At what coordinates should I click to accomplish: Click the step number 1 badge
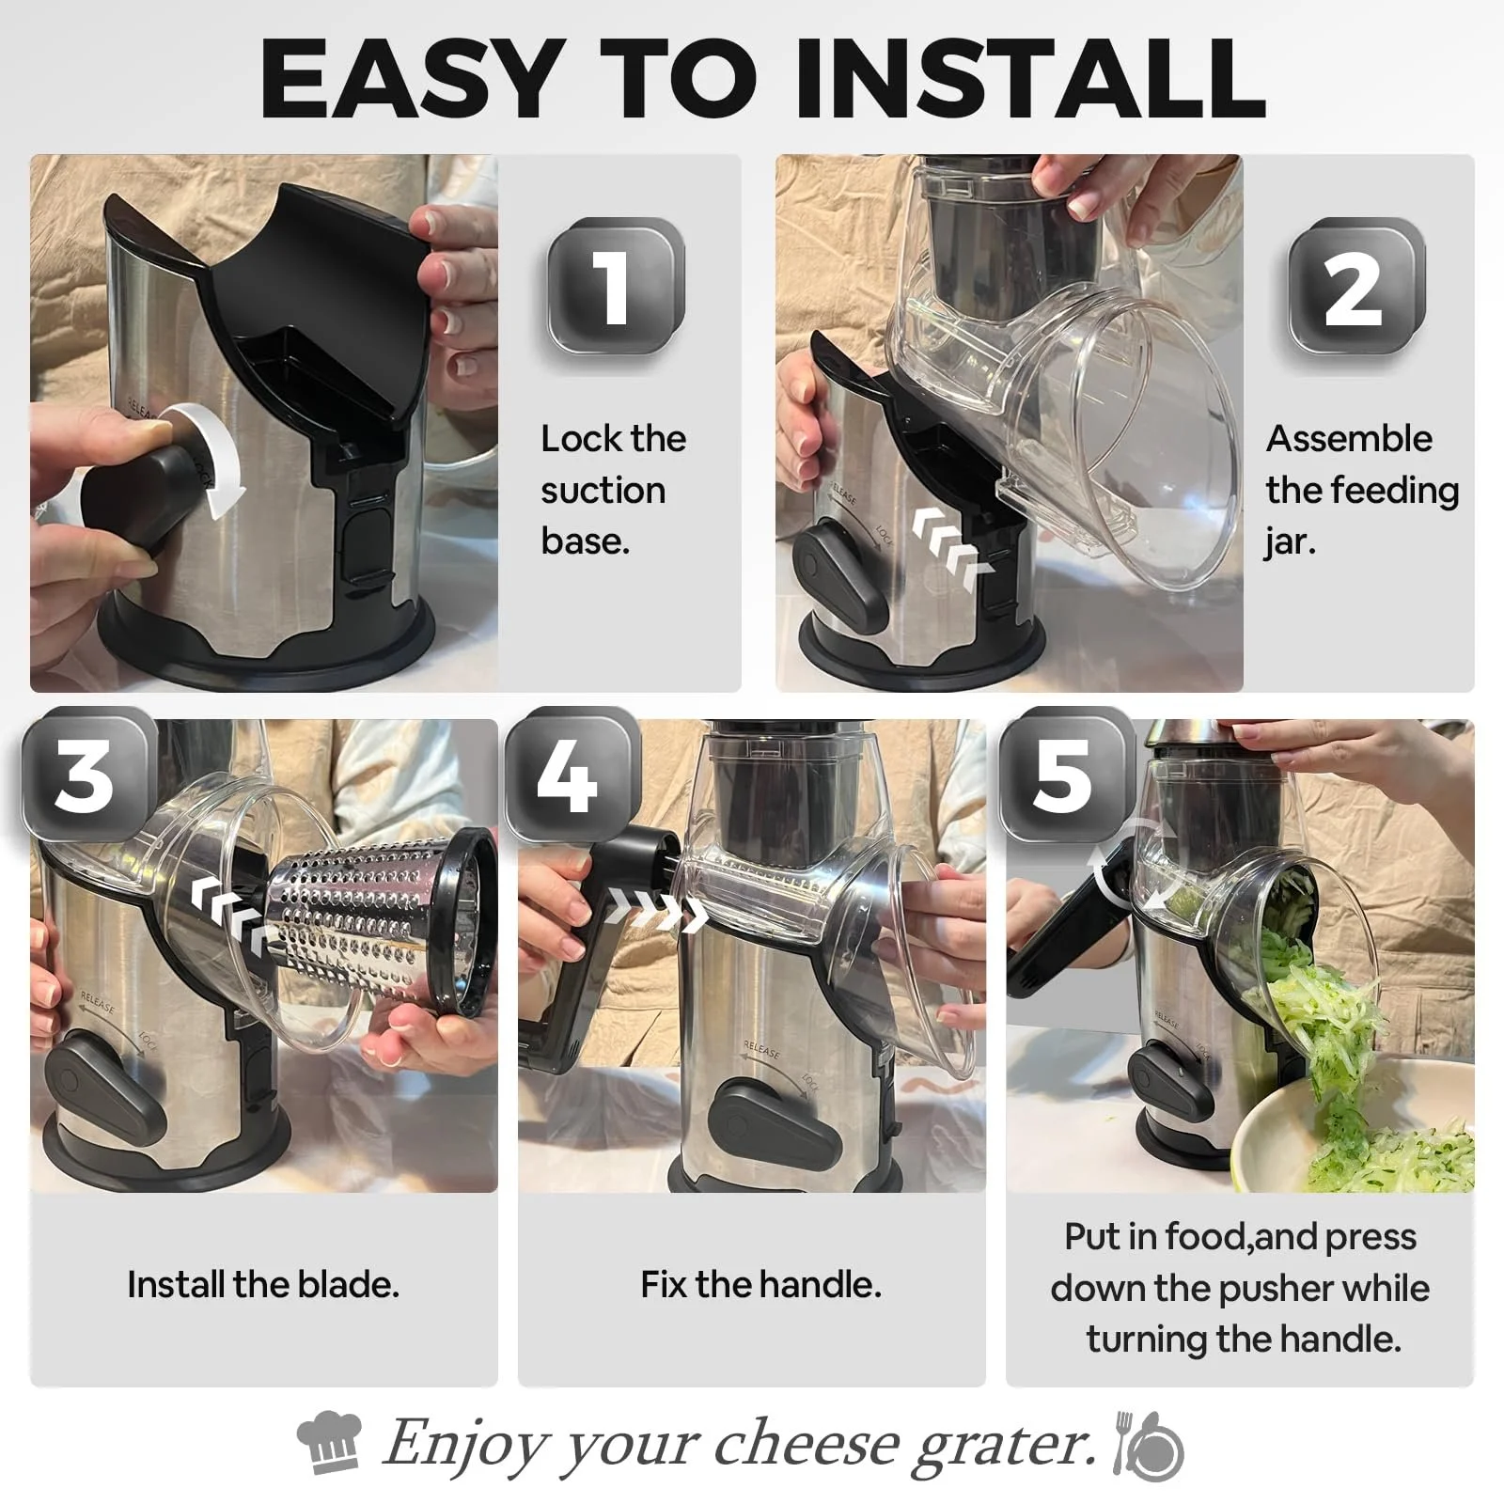pos(616,286)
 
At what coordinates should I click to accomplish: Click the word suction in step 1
pos(603,490)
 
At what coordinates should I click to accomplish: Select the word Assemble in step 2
pos(1349,439)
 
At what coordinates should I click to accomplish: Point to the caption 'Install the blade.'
pos(263,1284)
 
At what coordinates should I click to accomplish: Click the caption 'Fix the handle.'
pos(760,1284)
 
